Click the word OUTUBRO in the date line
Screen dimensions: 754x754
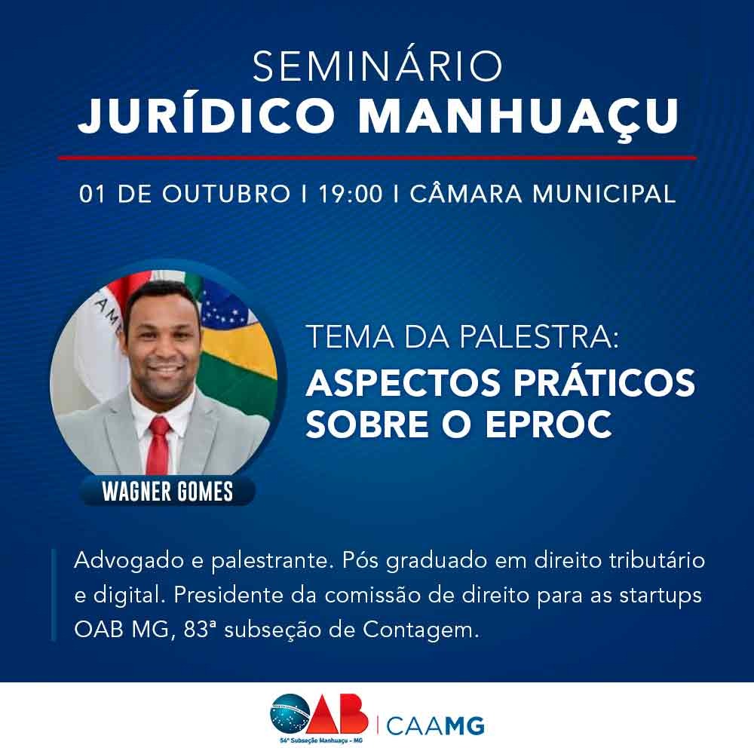coord(226,194)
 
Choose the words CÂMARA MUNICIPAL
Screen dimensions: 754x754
coord(543,193)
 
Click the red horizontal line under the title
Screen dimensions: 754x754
coord(377,158)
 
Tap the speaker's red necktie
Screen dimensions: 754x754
coord(160,445)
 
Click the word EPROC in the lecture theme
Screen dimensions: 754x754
coord(548,424)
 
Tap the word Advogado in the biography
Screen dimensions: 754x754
coord(128,562)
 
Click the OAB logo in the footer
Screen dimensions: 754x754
coord(319,714)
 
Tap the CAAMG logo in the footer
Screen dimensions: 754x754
coord(435,726)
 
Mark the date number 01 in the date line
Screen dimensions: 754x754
coord(92,194)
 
